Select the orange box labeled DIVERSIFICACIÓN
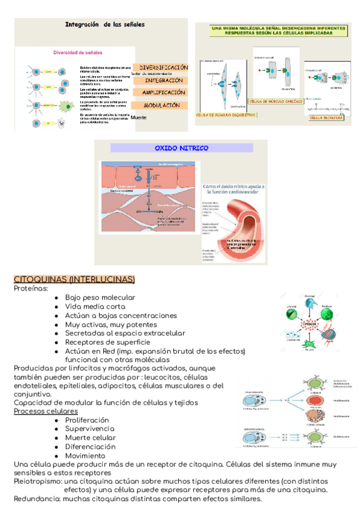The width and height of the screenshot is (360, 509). [x=163, y=67]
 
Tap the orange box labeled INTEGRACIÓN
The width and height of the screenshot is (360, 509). [x=163, y=80]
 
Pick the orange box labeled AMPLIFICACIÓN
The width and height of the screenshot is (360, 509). [x=163, y=93]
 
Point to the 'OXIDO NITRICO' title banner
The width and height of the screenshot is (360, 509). [x=181, y=148]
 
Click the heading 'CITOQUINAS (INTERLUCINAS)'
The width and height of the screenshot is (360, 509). [x=74, y=280]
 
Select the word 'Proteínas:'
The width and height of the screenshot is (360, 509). [x=31, y=289]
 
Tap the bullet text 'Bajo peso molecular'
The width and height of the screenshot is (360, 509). [x=100, y=297]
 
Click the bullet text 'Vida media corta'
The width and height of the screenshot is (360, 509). [x=95, y=306]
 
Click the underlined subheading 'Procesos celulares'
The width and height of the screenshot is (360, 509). [x=46, y=412]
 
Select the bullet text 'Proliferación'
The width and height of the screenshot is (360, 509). [x=87, y=420]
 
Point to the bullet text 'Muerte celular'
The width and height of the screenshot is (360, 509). [x=91, y=438]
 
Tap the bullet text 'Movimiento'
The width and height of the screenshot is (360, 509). [x=85, y=456]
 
